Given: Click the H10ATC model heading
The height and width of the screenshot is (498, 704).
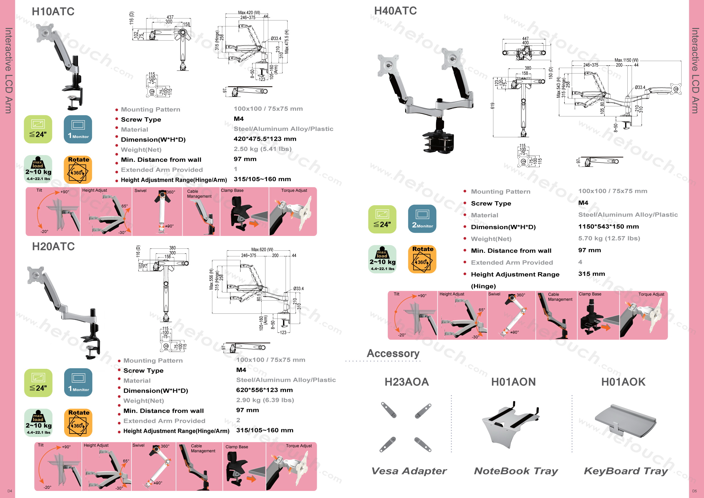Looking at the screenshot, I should tap(53, 12).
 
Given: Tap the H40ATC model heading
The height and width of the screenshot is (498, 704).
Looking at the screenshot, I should tap(395, 11).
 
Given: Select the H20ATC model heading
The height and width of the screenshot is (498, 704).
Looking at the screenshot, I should tap(53, 246).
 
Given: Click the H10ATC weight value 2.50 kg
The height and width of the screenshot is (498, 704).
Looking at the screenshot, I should tap(263, 149).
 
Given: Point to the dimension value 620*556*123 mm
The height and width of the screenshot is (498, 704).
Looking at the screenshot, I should tap(264, 390).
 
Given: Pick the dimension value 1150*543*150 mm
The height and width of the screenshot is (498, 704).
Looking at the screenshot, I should tap(608, 227).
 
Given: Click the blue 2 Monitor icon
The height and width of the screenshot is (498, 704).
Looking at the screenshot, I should tap(422, 219).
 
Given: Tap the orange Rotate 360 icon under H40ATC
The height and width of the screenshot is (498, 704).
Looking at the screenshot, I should tap(422, 259).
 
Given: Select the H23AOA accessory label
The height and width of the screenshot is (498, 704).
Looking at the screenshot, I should tap(407, 382).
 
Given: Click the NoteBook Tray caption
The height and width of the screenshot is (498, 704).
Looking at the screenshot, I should tap(516, 471).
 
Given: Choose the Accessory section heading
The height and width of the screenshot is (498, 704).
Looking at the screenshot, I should tap(393, 353).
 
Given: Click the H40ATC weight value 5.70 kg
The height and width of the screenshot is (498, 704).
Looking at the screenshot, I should tap(609, 238).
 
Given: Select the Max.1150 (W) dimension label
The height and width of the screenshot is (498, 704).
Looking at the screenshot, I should tap(626, 60).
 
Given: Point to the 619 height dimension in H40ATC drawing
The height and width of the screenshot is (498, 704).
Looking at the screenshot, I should tap(493, 106).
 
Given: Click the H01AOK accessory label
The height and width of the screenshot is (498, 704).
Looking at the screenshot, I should tap(623, 382).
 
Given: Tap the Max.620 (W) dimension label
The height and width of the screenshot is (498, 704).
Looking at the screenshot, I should tap(262, 250).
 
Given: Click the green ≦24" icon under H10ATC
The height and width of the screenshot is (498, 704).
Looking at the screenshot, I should tap(38, 129).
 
